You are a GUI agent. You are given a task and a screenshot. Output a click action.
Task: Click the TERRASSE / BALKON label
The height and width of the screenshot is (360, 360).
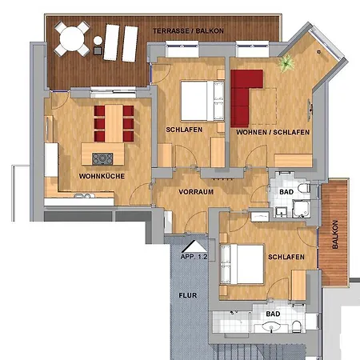pyautogui.click(x=188, y=31)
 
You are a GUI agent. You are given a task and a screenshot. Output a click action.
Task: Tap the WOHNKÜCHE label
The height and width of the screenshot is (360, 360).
pyautogui.click(x=102, y=176)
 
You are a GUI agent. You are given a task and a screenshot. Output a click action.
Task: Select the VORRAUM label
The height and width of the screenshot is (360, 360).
pyautogui.click(x=196, y=192)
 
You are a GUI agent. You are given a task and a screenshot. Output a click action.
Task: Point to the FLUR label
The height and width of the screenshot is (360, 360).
pyautogui.click(x=188, y=295)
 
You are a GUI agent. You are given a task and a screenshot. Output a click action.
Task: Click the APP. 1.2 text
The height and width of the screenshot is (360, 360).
pyautogui.click(x=194, y=257)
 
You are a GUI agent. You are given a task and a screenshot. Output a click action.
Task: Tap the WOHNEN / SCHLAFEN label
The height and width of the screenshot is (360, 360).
pyautogui.click(x=273, y=132)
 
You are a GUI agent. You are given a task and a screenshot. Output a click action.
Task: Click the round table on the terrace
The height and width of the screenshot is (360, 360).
pyautogui.click(x=72, y=38)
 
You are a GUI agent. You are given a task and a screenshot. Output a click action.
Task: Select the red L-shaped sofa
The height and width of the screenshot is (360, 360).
pyautogui.click(x=244, y=98)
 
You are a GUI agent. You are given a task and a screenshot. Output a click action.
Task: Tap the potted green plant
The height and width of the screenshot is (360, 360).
pyautogui.click(x=286, y=63)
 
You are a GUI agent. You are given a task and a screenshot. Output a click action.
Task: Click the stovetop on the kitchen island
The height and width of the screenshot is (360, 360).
pyautogui.click(x=102, y=158)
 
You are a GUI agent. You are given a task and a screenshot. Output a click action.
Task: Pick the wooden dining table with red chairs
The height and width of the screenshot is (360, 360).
pyautogui.click(x=114, y=123)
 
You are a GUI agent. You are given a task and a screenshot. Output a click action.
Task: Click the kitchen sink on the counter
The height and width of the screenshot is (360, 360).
pyautogui.click(x=82, y=196)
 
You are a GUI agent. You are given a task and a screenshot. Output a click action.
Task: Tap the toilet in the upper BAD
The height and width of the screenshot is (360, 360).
pyautogui.click(x=304, y=189)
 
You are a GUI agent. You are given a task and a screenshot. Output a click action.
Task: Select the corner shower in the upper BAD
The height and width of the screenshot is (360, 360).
pyautogui.click(x=302, y=209)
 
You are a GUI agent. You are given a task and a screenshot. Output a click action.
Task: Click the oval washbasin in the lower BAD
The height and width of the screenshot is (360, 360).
pyautogui.click(x=271, y=326)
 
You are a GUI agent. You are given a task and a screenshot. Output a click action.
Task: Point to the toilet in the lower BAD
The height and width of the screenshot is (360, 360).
pyautogui.click(x=297, y=326)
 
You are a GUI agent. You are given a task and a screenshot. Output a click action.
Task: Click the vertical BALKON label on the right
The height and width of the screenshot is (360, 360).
pyautogui.click(x=335, y=234)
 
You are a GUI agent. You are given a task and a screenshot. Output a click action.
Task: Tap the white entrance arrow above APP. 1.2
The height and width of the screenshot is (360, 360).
pyautogui.click(x=194, y=247)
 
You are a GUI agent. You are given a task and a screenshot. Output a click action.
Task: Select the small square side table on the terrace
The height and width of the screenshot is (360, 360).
pyautogui.click(x=98, y=50)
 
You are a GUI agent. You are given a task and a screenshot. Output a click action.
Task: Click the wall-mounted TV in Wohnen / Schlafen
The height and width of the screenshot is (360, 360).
pyautogui.click(x=310, y=110)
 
